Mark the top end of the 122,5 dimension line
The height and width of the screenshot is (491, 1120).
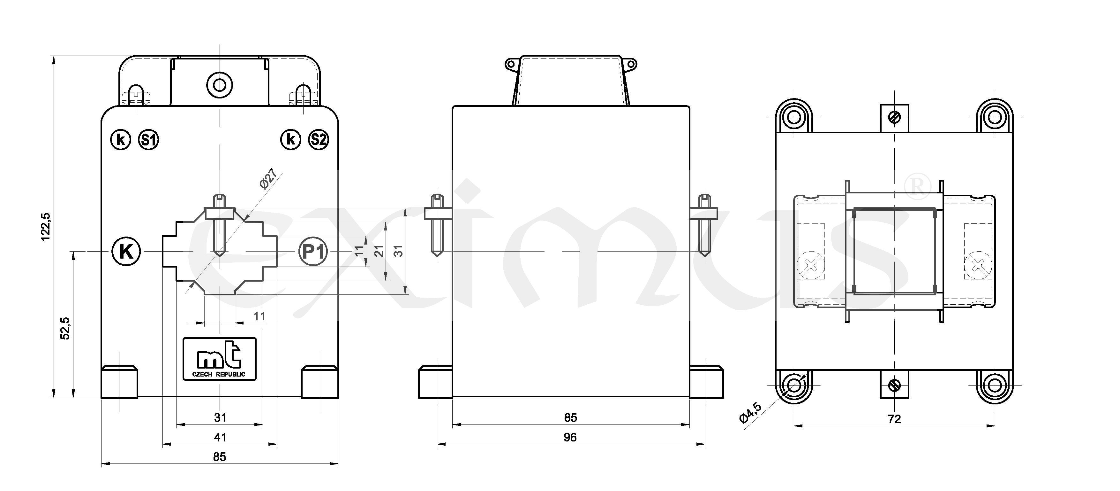click(x=54, y=56)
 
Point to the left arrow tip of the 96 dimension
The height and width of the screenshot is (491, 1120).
click(x=437, y=444)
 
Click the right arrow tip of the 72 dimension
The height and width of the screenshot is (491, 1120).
click(x=995, y=425)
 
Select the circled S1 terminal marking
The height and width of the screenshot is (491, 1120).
click(x=149, y=140)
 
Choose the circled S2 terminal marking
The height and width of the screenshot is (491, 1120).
click(x=319, y=140)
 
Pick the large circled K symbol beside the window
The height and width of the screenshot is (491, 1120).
click(x=126, y=252)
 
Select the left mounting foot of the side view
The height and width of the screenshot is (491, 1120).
click(x=436, y=383)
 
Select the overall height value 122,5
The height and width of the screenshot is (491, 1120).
click(x=46, y=226)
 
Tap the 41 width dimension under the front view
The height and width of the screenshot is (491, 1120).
click(x=220, y=437)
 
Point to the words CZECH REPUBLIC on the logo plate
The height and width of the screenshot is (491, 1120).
click(x=219, y=374)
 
